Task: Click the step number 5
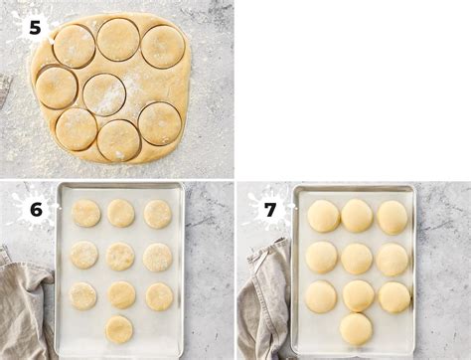35,28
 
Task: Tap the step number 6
36,210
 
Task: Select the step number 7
270,210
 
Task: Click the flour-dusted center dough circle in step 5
104,94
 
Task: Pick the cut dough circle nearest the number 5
75,46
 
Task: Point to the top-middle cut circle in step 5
118,40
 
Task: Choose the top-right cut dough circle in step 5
163,47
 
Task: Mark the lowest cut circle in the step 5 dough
118,140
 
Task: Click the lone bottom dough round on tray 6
119,329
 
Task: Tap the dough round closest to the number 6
85,213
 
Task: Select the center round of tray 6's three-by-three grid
120,257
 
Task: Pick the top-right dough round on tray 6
157,214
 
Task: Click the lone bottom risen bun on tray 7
356,329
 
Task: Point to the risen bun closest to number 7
323,216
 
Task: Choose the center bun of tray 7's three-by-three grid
357,259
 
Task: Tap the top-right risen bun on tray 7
392,218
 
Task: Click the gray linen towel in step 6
23,308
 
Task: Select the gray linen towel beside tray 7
265,298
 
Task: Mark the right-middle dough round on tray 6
158,258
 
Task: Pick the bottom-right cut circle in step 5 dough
160,123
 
